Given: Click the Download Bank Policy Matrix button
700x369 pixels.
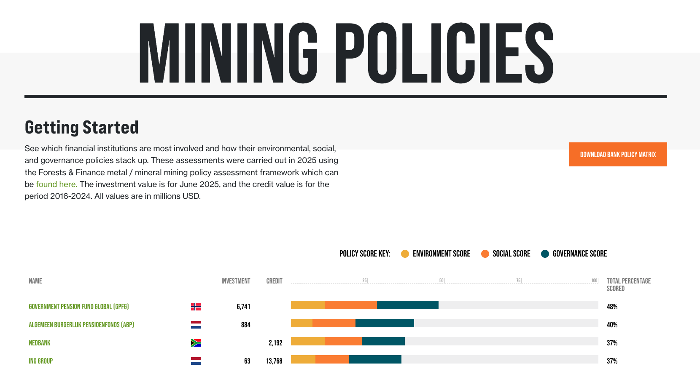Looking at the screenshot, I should coord(618,155).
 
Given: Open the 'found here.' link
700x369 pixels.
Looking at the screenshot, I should coord(57,184).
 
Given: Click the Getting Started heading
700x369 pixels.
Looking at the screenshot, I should coord(82,127).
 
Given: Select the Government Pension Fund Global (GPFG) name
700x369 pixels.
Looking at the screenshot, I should coord(79,307).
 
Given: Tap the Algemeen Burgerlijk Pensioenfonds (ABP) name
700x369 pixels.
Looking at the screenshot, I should coord(81,325).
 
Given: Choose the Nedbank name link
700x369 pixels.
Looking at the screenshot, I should coord(40,343).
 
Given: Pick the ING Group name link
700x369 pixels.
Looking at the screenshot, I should coord(41,361).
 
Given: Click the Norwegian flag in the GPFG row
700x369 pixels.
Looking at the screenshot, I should coord(196,307).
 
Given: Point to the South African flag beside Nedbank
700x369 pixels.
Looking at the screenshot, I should coord(196,343).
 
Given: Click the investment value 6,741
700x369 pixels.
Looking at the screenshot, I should coord(243,307).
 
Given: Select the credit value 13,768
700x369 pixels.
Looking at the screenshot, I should coord(274,361).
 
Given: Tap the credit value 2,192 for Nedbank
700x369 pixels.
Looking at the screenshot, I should coord(275,343).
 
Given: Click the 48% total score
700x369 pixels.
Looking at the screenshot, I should coord(612,307).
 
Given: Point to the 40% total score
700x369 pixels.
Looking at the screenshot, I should coord(612,325).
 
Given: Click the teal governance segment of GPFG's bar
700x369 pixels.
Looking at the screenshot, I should coord(407,305).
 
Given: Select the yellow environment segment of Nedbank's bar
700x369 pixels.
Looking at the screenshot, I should coord(308,341).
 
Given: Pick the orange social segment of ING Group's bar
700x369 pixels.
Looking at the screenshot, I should coord(332,359).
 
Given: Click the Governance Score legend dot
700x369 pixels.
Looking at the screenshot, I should coord(545,254).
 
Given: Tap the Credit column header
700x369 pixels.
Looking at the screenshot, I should coord(274,281).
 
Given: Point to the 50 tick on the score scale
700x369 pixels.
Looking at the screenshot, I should coord(442,281).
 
